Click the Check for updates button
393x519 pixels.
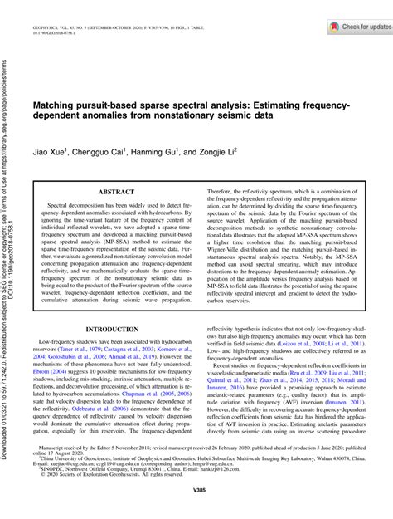click(x=345, y=27)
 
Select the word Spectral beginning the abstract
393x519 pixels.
click(x=61, y=203)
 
